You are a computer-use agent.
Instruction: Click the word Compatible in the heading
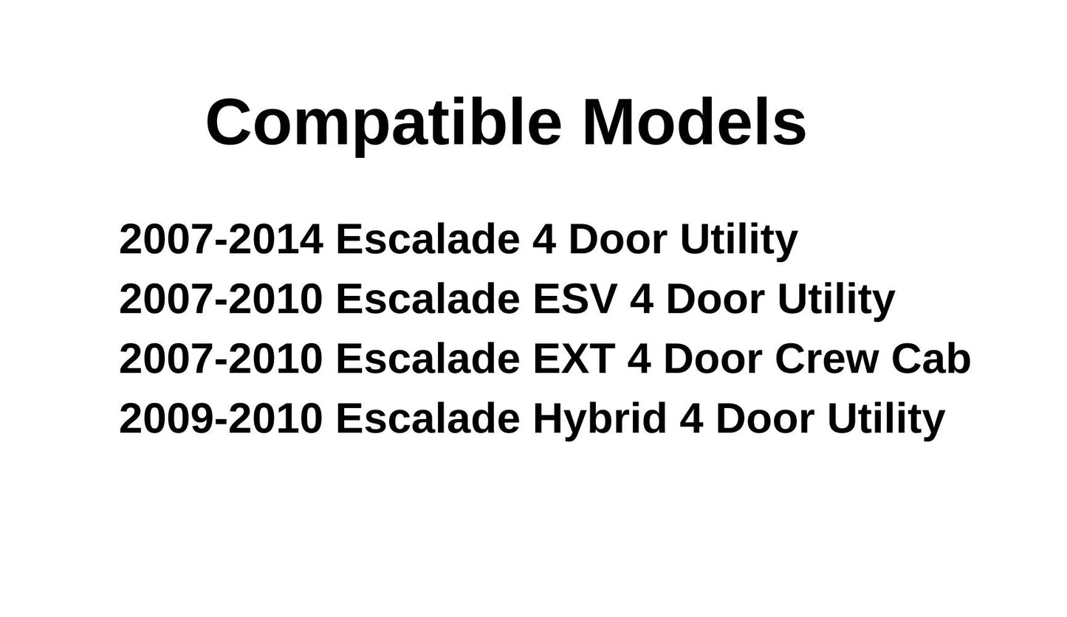[x=383, y=123]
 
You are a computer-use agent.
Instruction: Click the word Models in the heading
[x=694, y=123]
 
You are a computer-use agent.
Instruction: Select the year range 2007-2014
[x=221, y=240]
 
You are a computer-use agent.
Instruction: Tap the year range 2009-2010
[x=221, y=418]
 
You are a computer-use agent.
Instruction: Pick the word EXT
[x=574, y=359]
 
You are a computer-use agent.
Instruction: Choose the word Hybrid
[x=599, y=418]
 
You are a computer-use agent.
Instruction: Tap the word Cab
[x=930, y=359]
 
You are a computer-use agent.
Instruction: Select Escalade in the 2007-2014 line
[x=428, y=240]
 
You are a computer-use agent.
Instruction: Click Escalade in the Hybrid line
[x=428, y=418]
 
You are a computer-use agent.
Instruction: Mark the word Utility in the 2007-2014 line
[x=738, y=240]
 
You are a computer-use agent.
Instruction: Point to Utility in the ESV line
[x=836, y=300]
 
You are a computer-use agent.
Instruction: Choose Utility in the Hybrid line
[x=885, y=418]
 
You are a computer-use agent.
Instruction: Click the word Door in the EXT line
[x=713, y=359]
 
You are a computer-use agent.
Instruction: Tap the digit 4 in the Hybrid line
[x=691, y=418]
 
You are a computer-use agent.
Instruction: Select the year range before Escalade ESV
[x=221, y=300]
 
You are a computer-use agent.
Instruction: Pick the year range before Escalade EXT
[x=221, y=359]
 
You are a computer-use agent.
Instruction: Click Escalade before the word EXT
[x=428, y=359]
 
